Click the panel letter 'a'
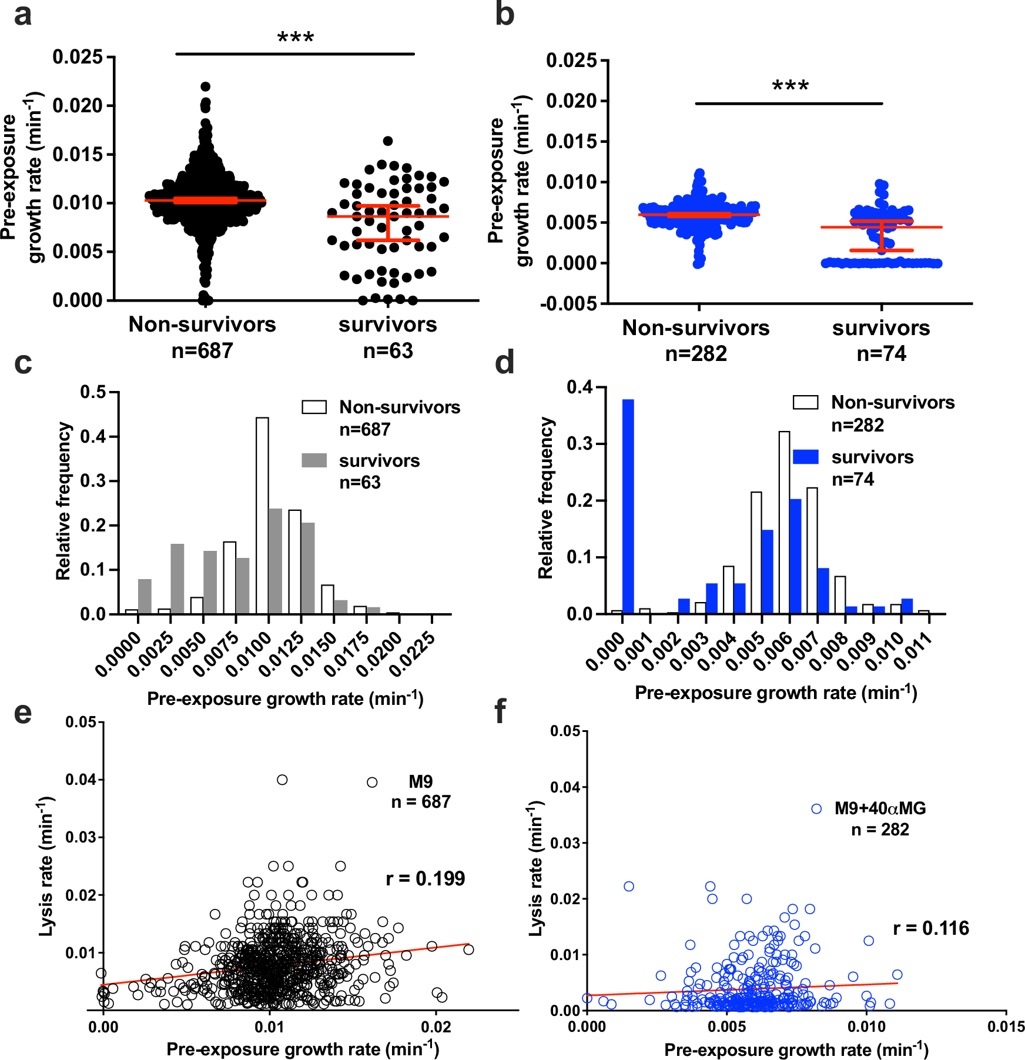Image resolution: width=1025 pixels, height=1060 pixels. pyautogui.click(x=22, y=15)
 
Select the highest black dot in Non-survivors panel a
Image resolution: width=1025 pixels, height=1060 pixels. pyautogui.click(x=205, y=86)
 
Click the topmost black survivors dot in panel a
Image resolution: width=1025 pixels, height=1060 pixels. pyautogui.click(x=388, y=141)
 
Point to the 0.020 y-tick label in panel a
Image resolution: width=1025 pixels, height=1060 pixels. pyautogui.click(x=78, y=106)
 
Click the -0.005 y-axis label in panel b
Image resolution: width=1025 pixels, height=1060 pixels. pyautogui.click(x=568, y=304)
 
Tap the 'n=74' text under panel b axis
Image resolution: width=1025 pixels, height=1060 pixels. pyautogui.click(x=881, y=354)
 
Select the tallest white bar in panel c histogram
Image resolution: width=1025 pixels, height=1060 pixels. pyautogui.click(x=262, y=515)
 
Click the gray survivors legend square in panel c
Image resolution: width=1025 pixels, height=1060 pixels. pyautogui.click(x=314, y=460)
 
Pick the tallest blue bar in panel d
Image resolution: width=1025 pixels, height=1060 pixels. pyautogui.click(x=628, y=506)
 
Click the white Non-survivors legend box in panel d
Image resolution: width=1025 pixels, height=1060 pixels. pyautogui.click(x=805, y=403)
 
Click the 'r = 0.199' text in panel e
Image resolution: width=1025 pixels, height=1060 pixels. pyautogui.click(x=425, y=879)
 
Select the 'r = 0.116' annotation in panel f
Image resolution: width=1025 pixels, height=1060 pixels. pyautogui.click(x=931, y=928)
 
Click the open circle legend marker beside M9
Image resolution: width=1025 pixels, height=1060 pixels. pyautogui.click(x=372, y=782)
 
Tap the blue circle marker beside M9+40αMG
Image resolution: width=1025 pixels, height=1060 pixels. pyautogui.click(x=816, y=809)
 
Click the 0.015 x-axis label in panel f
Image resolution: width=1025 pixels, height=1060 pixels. pyautogui.click(x=1006, y=1026)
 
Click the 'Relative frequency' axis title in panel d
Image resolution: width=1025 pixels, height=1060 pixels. pyautogui.click(x=546, y=498)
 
